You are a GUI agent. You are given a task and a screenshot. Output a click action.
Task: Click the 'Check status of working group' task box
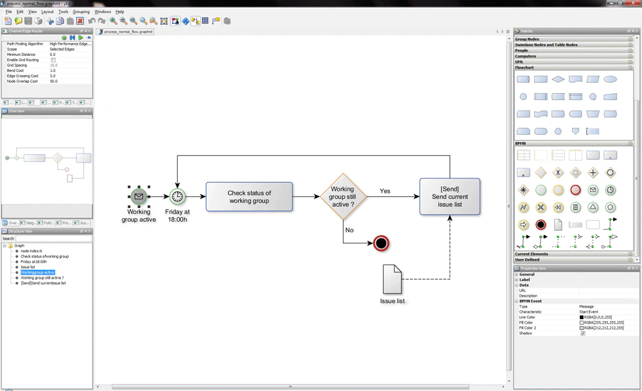(x=249, y=196)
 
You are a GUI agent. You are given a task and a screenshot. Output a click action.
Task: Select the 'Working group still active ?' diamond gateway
(x=343, y=196)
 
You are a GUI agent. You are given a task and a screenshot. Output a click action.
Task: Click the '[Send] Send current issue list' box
(x=449, y=196)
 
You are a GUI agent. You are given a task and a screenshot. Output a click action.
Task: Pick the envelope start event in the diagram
(x=139, y=196)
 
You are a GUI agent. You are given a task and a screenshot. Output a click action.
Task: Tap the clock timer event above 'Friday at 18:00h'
(x=177, y=196)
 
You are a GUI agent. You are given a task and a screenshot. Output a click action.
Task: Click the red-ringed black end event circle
(x=381, y=243)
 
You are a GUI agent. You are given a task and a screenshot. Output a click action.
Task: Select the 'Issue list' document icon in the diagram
(x=392, y=279)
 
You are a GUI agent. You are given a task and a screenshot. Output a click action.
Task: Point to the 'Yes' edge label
(x=385, y=191)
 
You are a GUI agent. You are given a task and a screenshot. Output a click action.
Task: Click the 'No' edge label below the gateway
(x=349, y=230)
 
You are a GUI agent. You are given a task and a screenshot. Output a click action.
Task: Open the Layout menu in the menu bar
(x=48, y=12)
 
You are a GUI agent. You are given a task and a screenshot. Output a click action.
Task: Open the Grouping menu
(x=81, y=12)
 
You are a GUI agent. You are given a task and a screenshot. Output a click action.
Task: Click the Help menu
(x=120, y=12)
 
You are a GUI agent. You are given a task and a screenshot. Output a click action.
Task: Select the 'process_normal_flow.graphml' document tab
(x=128, y=31)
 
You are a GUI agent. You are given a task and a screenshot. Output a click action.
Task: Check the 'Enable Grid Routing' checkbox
(x=53, y=60)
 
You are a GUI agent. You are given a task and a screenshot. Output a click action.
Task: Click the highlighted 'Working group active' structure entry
(x=37, y=272)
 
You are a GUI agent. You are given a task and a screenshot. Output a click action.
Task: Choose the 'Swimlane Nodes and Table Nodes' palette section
(x=546, y=45)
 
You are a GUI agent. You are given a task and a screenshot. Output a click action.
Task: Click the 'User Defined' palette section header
(x=527, y=259)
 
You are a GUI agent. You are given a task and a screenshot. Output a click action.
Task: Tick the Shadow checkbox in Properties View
(x=583, y=333)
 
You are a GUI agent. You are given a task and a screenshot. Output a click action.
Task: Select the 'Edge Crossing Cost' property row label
(x=22, y=76)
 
